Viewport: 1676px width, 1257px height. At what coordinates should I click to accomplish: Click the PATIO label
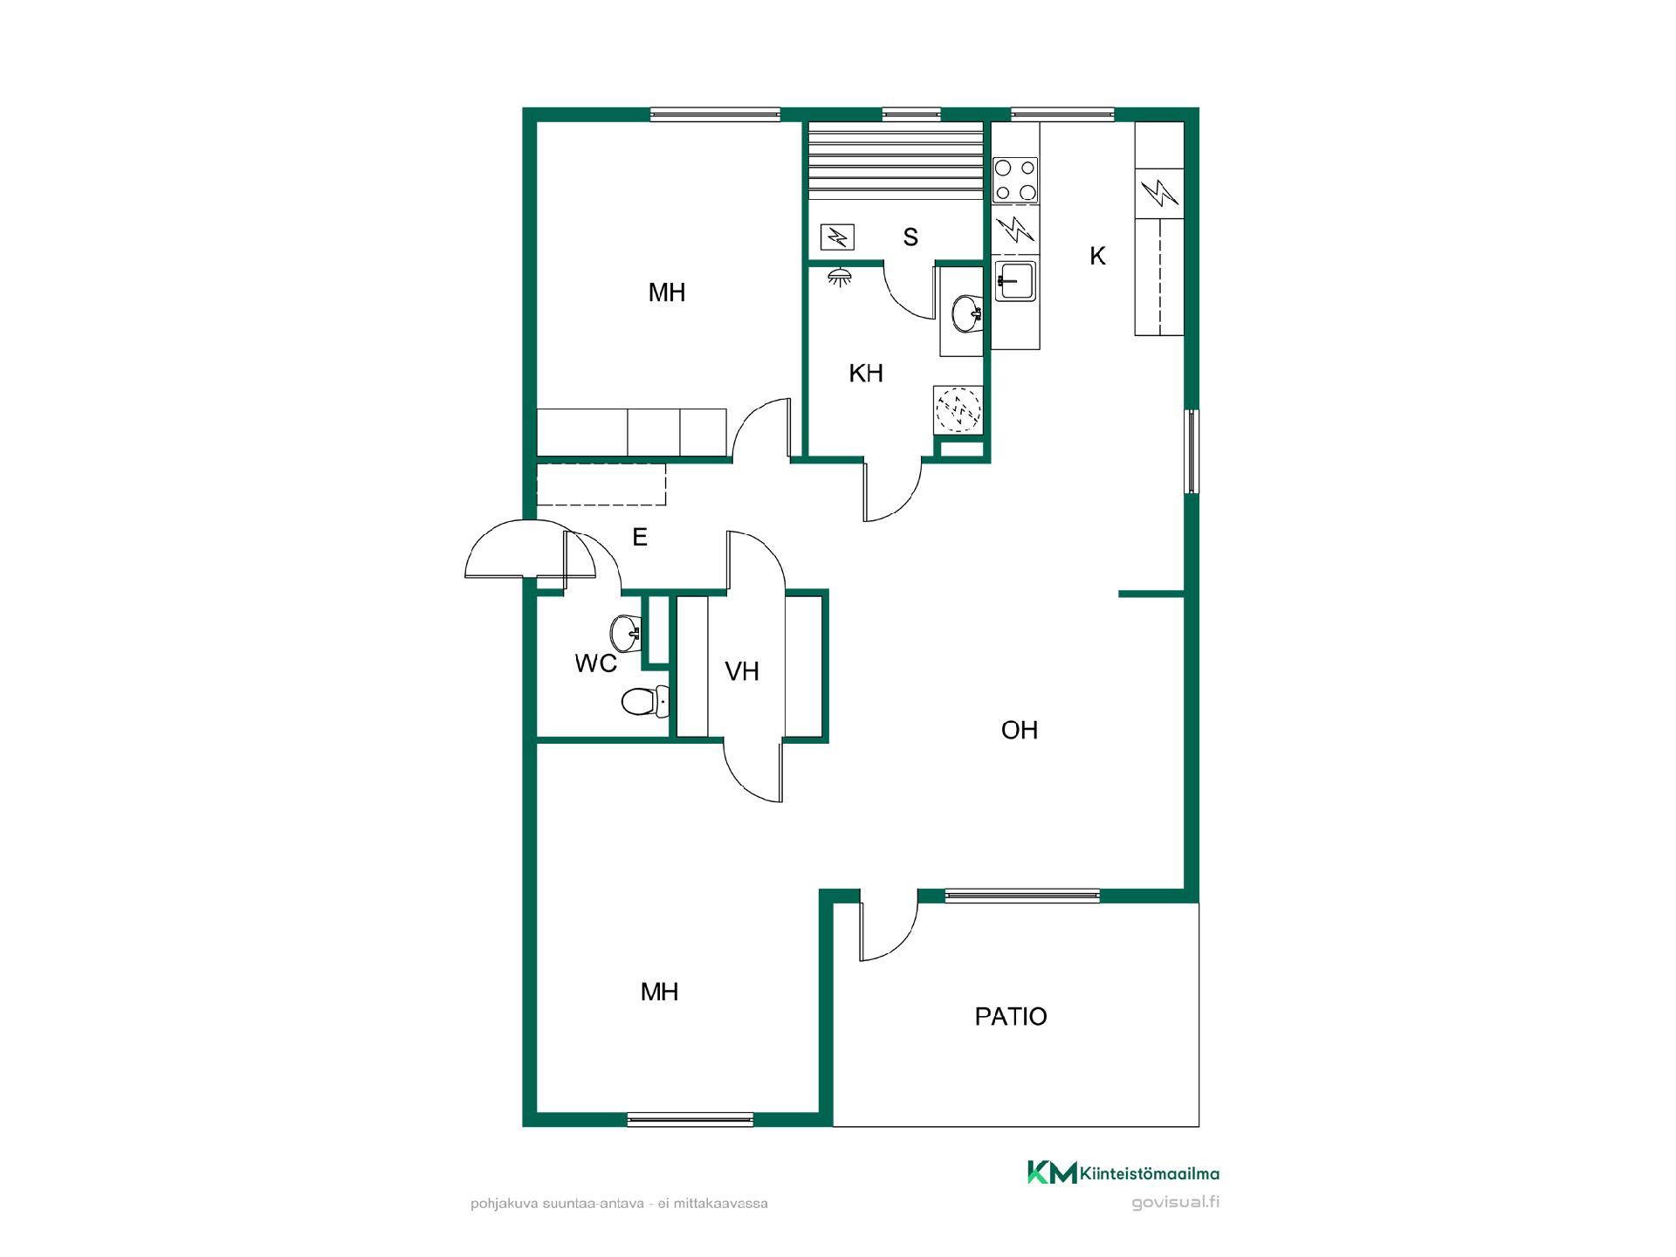[x=1011, y=1016]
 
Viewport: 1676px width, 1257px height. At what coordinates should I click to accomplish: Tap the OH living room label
[x=1020, y=730]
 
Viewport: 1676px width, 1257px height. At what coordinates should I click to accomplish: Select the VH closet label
[x=742, y=671]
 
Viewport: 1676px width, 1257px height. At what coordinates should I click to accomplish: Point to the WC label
[x=596, y=663]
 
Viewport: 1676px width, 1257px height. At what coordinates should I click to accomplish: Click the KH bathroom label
[x=866, y=374]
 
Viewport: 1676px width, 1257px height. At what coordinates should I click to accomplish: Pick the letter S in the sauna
[x=910, y=237]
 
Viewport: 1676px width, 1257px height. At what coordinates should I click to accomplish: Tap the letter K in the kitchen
[x=1098, y=256]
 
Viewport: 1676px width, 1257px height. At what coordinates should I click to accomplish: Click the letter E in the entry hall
[x=640, y=538]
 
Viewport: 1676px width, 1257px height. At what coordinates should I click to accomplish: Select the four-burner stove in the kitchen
[x=1016, y=180]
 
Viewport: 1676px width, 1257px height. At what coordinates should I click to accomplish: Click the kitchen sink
[x=1014, y=281]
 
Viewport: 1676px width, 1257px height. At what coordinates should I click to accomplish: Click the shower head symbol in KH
[x=840, y=277]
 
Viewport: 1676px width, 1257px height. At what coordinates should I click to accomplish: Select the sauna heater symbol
[x=838, y=237]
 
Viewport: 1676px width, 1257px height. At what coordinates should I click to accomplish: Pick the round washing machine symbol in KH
[x=958, y=409]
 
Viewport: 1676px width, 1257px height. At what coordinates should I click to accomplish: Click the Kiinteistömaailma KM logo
[x=1123, y=1173]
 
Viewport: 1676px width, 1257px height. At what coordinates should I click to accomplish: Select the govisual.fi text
[x=1176, y=1203]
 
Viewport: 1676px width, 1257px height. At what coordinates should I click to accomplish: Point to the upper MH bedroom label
[x=667, y=293]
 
